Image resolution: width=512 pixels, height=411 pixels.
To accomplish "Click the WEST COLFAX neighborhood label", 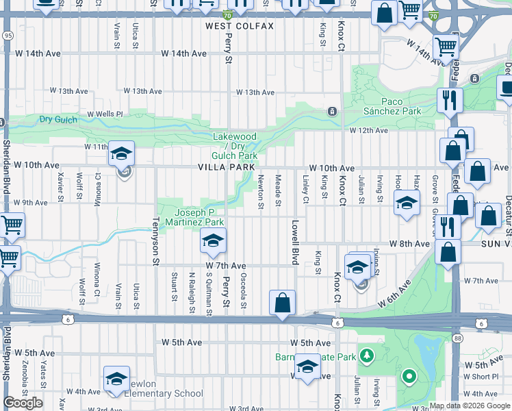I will [x=240, y=26].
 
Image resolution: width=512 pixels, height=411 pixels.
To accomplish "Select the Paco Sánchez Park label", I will [x=401, y=106].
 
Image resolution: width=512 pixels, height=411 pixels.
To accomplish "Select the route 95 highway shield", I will [x=7, y=34].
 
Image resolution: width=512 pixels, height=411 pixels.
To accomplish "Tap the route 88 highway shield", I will [x=457, y=338].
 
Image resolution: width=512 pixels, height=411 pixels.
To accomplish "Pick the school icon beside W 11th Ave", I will [x=121, y=153].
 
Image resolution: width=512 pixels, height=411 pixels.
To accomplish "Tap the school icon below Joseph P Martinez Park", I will [x=213, y=241].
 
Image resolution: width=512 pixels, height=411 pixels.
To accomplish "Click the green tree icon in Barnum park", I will [x=368, y=355].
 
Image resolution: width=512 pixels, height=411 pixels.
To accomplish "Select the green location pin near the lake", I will [x=409, y=376].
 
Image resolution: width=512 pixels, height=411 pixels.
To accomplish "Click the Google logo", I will [x=23, y=403].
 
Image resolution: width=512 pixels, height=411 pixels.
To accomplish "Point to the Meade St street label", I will [x=278, y=191].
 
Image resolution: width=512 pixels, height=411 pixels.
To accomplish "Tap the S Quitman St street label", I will [x=208, y=295].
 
